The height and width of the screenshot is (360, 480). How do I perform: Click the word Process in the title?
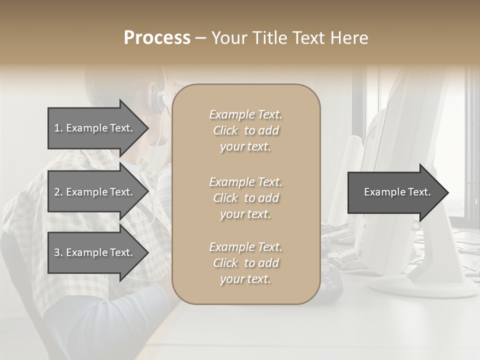pos(157,38)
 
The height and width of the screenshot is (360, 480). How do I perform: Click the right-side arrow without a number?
pos(397,192)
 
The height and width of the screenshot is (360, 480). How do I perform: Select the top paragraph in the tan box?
pos(245,130)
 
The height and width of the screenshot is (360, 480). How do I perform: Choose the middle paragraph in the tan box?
pos(245,198)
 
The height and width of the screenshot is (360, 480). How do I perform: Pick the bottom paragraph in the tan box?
pos(245,263)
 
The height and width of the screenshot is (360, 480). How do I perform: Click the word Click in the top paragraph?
pos(225,130)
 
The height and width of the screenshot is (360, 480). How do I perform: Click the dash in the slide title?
pos(200,38)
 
